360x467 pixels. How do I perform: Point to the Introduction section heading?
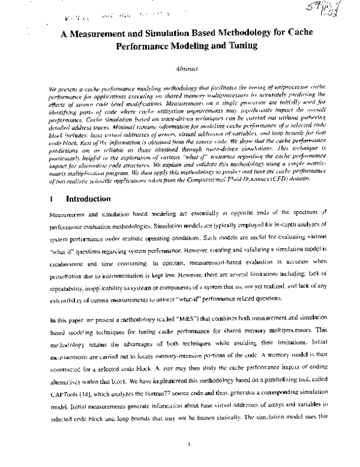[x=88, y=182]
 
